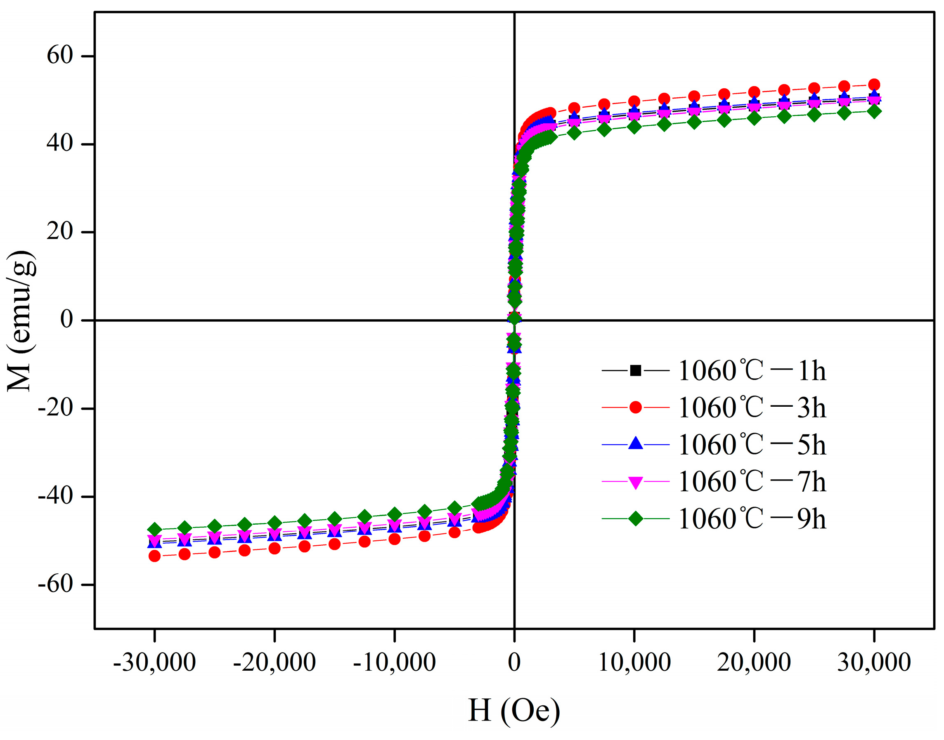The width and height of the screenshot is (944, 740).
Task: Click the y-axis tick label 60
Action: pyautogui.click(x=60, y=55)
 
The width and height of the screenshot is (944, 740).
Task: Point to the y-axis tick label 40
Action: pyautogui.click(x=60, y=144)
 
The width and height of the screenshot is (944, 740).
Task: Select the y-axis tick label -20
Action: pyautogui.click(x=55, y=408)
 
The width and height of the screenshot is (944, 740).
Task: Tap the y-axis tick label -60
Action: pyautogui.click(x=55, y=584)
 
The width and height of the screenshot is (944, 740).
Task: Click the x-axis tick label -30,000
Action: pyautogui.click(x=154, y=662)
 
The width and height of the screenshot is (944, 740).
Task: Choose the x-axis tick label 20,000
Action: pyautogui.click(x=754, y=662)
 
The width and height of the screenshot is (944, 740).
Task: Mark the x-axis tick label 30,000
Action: pyautogui.click(x=874, y=662)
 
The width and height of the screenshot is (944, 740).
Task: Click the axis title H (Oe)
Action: pyautogui.click(x=514, y=711)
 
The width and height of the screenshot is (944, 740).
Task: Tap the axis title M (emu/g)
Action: pyautogui.click(x=21, y=321)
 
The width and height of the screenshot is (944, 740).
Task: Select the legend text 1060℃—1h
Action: pyautogui.click(x=752, y=371)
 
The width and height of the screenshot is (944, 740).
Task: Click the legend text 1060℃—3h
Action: pyautogui.click(x=752, y=408)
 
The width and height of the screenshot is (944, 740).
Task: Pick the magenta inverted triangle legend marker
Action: pyautogui.click(x=635, y=482)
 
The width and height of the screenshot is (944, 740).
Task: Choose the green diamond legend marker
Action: pyautogui.click(x=635, y=518)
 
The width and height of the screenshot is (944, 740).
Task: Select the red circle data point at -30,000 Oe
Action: pyautogui.click(x=154, y=556)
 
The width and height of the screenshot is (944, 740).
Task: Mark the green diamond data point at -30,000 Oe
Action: pyautogui.click(x=154, y=530)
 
